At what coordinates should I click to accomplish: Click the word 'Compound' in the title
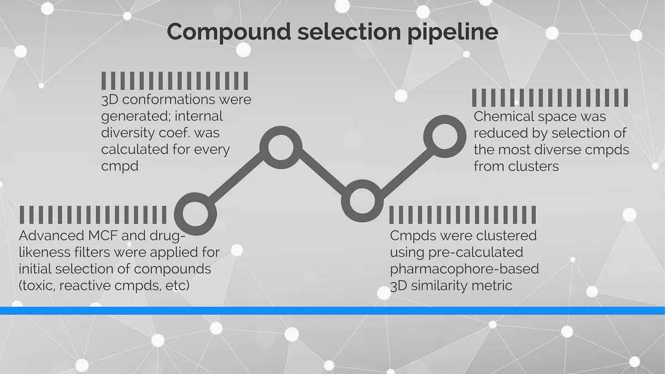[x=229, y=32]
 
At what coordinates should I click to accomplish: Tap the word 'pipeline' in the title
[x=452, y=32]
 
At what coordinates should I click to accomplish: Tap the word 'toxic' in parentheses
[x=38, y=285]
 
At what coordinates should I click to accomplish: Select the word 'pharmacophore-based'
[x=464, y=269]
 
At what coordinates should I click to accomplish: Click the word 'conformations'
[x=169, y=100]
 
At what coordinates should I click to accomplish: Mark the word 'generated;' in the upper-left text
[x=136, y=116]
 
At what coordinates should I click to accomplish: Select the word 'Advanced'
[x=52, y=235]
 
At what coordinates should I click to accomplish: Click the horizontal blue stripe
[x=332, y=311]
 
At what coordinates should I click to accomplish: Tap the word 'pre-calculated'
[x=475, y=252]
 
